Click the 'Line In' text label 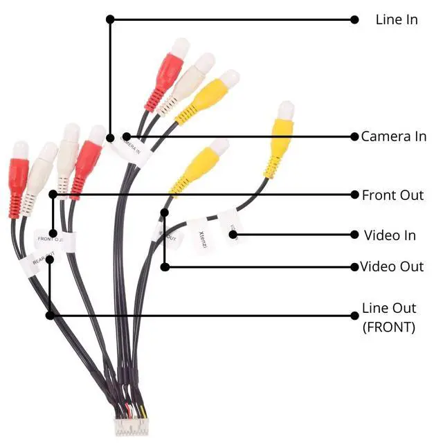[396, 19]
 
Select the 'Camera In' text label [393, 136]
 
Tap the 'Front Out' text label [392, 195]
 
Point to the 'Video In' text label [390, 235]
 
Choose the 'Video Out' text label [392, 266]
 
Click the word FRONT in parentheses [389, 327]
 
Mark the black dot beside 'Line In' [354, 19]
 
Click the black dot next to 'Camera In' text [354, 136]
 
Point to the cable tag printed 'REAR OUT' [42, 261]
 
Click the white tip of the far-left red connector [21, 149]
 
